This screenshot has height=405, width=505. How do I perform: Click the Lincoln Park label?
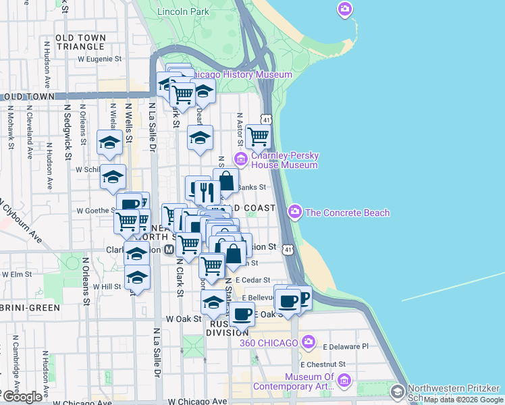click(x=182, y=11)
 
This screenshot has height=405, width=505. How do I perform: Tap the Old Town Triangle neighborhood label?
click(x=80, y=41)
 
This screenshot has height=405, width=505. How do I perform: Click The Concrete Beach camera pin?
click(x=294, y=212)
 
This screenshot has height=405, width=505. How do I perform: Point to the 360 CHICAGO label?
click(x=269, y=343)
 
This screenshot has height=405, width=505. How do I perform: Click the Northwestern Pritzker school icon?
click(x=398, y=391)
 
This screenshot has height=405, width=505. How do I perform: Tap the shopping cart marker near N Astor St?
click(x=258, y=136)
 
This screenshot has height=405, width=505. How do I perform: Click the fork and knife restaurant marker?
click(x=208, y=191)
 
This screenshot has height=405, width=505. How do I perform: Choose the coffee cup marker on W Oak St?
click(x=242, y=313)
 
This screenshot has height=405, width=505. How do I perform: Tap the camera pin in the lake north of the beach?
click(x=345, y=9)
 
